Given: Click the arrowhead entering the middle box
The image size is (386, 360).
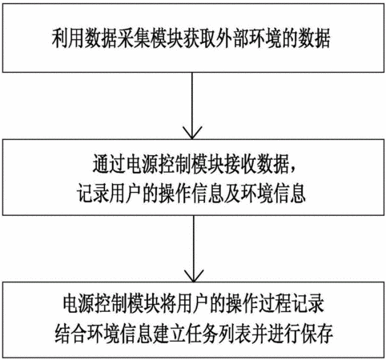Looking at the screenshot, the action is [192, 133].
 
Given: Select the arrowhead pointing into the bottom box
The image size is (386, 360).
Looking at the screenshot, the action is [194, 276].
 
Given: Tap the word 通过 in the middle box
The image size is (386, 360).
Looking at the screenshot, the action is [109, 165].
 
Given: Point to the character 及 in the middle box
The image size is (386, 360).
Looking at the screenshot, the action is [232, 194].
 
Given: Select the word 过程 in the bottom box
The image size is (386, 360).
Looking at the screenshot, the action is [275, 304].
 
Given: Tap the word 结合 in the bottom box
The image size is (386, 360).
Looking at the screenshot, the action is [71, 334].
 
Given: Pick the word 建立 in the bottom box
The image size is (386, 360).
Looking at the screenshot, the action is [169, 334].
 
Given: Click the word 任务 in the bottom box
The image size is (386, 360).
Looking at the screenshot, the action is [202, 334].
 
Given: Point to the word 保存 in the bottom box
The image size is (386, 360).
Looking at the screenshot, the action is [316, 334].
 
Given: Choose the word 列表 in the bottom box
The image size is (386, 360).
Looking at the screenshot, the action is [235, 334].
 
